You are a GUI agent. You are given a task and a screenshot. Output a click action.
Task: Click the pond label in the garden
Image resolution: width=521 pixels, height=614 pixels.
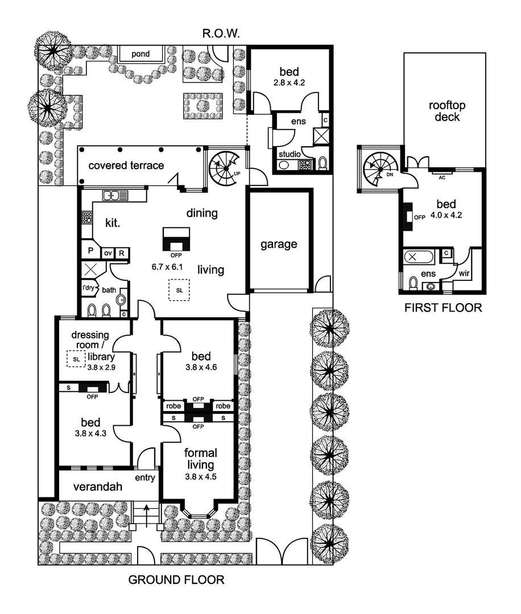point(140,55)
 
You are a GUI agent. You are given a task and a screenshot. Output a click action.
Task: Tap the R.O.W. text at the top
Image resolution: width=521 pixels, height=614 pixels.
point(221,35)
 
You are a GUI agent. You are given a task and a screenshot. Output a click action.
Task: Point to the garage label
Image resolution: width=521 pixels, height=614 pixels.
point(279,244)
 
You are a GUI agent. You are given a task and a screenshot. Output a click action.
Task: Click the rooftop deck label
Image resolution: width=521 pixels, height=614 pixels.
point(444,111)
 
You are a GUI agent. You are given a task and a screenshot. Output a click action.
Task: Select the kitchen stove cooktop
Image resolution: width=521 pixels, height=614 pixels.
point(87,218)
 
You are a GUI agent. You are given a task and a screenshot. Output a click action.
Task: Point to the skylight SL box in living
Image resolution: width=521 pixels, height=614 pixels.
point(180,290)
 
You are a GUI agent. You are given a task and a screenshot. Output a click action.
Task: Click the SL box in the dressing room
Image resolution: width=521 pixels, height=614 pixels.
point(76,359)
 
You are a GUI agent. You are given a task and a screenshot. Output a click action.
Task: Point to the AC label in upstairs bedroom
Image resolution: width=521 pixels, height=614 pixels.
point(441,176)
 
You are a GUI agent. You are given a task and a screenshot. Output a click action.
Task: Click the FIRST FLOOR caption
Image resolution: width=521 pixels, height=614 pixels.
point(443,308)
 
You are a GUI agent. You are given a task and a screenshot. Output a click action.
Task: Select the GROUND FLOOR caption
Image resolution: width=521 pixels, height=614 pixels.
point(176,580)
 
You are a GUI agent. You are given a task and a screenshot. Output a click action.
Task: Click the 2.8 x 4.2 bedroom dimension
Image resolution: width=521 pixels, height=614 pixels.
point(290,82)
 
